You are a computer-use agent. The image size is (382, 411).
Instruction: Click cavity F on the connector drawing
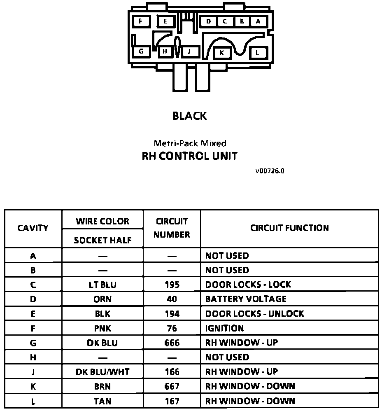141,21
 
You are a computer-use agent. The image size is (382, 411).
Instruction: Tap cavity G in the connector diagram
141,51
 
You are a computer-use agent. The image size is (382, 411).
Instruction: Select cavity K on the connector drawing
222,53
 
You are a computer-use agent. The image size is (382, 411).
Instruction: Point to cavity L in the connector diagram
258,53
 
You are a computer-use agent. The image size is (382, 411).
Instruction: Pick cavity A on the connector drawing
258,21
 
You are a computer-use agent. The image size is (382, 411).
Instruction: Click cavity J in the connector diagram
189,51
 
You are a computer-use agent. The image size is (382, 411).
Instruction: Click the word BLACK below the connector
190,116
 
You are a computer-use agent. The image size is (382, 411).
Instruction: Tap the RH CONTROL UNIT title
190,156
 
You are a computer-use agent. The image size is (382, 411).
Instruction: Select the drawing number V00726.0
270,170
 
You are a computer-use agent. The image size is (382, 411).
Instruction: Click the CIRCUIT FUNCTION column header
289,228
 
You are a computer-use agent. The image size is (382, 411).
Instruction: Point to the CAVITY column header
33,228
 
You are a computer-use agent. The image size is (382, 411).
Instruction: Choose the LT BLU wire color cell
102,285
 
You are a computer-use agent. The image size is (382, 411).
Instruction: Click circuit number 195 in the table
172,285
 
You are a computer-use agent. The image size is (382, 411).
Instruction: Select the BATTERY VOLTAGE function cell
246,299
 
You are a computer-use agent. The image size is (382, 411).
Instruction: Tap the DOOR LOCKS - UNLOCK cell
254,313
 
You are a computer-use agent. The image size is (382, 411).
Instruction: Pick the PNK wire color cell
102,328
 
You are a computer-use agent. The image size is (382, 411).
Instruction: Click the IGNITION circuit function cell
224,328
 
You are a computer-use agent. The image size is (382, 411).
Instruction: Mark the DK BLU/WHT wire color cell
102,372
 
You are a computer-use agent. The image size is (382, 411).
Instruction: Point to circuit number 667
172,386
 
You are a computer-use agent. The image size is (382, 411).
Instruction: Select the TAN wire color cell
102,401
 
